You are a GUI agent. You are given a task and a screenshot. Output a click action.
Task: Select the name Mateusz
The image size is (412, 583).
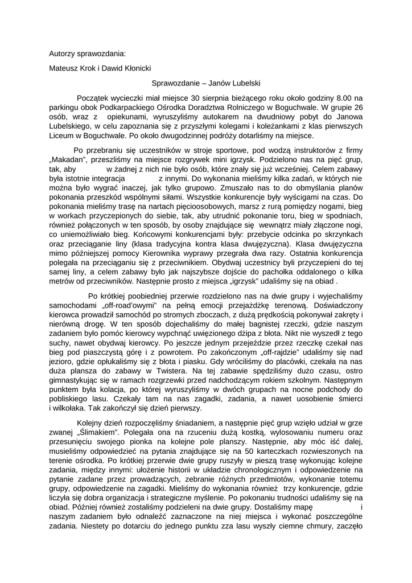[x=64, y=68]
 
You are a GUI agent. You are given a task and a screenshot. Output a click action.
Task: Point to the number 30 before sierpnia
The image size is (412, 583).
[x=197, y=98]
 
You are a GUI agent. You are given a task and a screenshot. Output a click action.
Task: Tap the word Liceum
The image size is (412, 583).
[x=61, y=137]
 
